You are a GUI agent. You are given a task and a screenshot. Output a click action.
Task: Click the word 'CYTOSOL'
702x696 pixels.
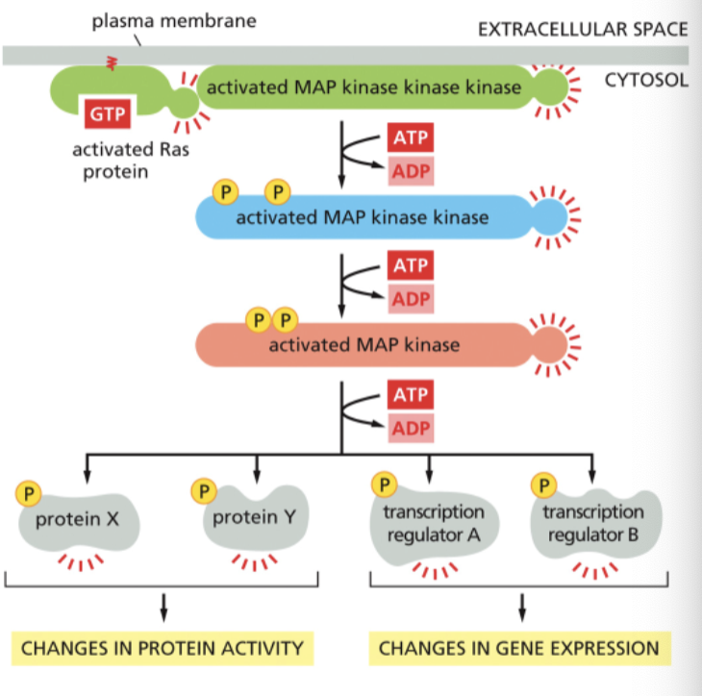point(646,80)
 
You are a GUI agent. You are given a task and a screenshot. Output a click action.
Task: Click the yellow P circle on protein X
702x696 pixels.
point(29,492)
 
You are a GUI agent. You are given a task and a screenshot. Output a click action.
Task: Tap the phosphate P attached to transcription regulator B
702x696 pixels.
point(547,483)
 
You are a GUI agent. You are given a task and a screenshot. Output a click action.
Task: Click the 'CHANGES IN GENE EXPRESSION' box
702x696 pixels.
point(519,648)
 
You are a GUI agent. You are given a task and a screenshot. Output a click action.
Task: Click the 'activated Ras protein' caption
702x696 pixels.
point(113,159)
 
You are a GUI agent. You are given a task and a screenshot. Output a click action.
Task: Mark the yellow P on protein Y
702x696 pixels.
point(204,490)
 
